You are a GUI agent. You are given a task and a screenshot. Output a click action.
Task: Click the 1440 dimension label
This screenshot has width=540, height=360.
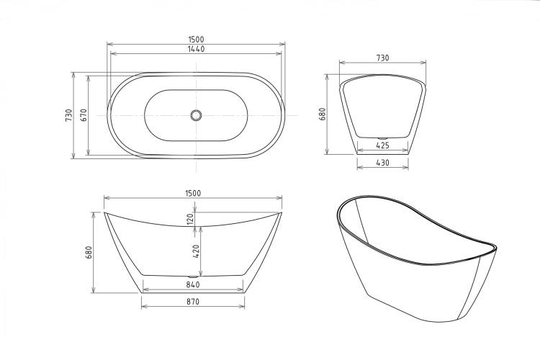(x=196, y=49)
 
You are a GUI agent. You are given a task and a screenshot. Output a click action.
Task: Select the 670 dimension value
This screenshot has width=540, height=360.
(x=84, y=114)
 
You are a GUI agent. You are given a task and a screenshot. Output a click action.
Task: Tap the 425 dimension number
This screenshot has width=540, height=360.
(x=382, y=145)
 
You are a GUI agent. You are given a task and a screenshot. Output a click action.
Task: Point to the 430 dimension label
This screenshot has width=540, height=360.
(x=382, y=163)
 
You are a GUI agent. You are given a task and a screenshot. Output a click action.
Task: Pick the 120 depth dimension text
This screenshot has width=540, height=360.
(x=190, y=219)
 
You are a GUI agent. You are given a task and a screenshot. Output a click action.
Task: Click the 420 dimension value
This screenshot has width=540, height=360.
(x=196, y=251)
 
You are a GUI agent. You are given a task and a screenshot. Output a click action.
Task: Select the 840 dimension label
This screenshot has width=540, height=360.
(x=193, y=284)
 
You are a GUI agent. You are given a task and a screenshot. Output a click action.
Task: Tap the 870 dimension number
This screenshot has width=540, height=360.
(x=193, y=302)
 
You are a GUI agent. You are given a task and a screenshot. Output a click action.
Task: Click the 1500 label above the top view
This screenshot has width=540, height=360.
(x=196, y=40)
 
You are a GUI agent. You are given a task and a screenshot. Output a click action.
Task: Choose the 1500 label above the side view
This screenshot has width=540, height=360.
(x=193, y=193)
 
